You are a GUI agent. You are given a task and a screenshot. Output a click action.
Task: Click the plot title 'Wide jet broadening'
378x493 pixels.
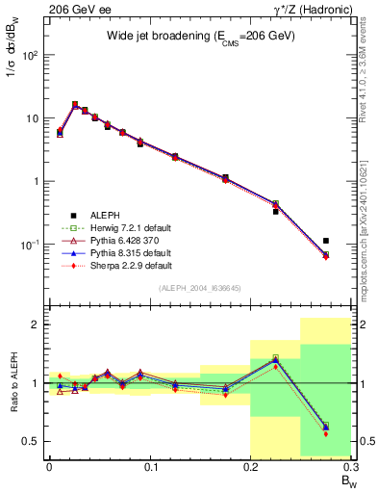tap(200, 36)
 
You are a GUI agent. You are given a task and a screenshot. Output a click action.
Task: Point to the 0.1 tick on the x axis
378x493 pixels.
tap(150, 467)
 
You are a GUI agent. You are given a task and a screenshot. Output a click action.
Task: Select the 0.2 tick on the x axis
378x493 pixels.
tap(250, 467)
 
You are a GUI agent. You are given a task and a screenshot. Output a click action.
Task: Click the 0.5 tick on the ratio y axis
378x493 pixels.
tap(32, 441)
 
